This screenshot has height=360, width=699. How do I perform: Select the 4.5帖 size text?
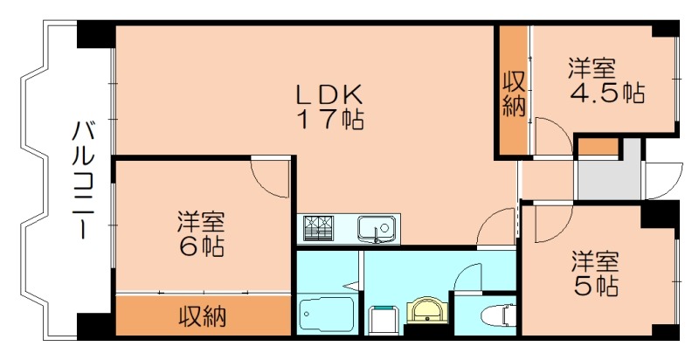(x=608, y=93)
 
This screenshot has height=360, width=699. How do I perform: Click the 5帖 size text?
(x=596, y=286)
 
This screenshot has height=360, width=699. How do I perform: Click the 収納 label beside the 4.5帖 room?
(x=514, y=93)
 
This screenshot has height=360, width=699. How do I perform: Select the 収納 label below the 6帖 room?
(x=203, y=315)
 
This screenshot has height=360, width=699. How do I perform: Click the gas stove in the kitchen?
(x=317, y=229)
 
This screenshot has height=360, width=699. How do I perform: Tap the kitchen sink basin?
(x=377, y=230)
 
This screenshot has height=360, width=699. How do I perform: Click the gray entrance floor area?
(x=603, y=179)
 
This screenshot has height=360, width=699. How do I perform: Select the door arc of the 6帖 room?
(x=270, y=178)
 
